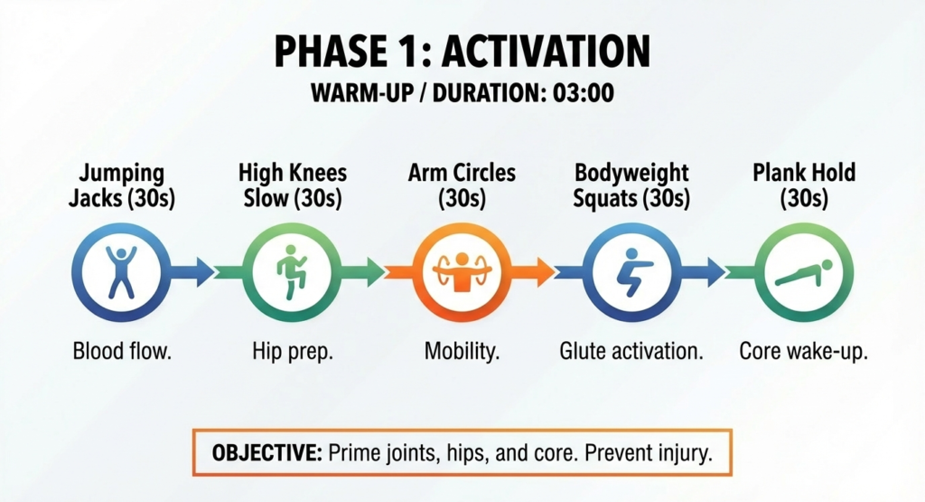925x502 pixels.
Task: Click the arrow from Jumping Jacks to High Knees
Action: pos(195,269)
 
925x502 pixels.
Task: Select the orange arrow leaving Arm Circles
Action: pos(537,269)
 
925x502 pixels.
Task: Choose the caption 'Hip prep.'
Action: pos(292,351)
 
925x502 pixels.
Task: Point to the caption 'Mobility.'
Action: pos(462,351)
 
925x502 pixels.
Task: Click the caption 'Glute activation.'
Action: pos(631,351)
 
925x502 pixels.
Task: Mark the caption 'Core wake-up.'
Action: pos(803,351)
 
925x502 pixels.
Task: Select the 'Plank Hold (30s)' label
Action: pos(803,185)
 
